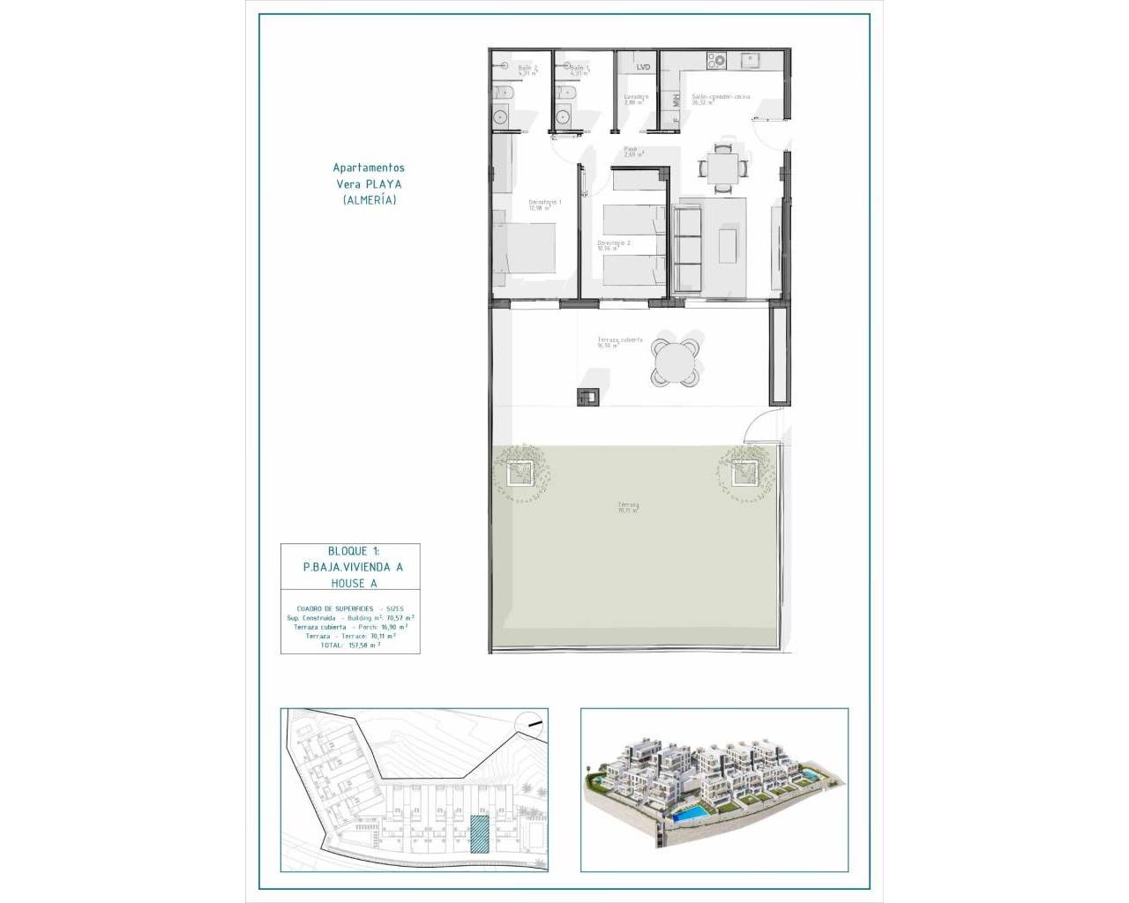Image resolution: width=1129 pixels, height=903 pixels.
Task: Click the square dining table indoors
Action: [722, 167]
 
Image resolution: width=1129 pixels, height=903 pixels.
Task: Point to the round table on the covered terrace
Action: [677, 360]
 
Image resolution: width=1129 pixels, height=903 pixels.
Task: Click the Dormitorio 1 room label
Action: [544, 205]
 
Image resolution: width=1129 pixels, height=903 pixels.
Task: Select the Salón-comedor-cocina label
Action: [721, 98]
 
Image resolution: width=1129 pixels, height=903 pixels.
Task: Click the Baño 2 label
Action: [527, 69]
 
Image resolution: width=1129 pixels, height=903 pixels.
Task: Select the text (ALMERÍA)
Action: [369, 200]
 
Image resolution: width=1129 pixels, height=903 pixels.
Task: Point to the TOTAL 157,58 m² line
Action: [350, 645]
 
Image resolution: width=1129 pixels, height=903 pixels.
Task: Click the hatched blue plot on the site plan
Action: [479, 834]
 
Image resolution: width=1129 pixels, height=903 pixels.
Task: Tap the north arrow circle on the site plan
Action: [530, 724]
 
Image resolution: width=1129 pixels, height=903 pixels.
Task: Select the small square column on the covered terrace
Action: [587, 398]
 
